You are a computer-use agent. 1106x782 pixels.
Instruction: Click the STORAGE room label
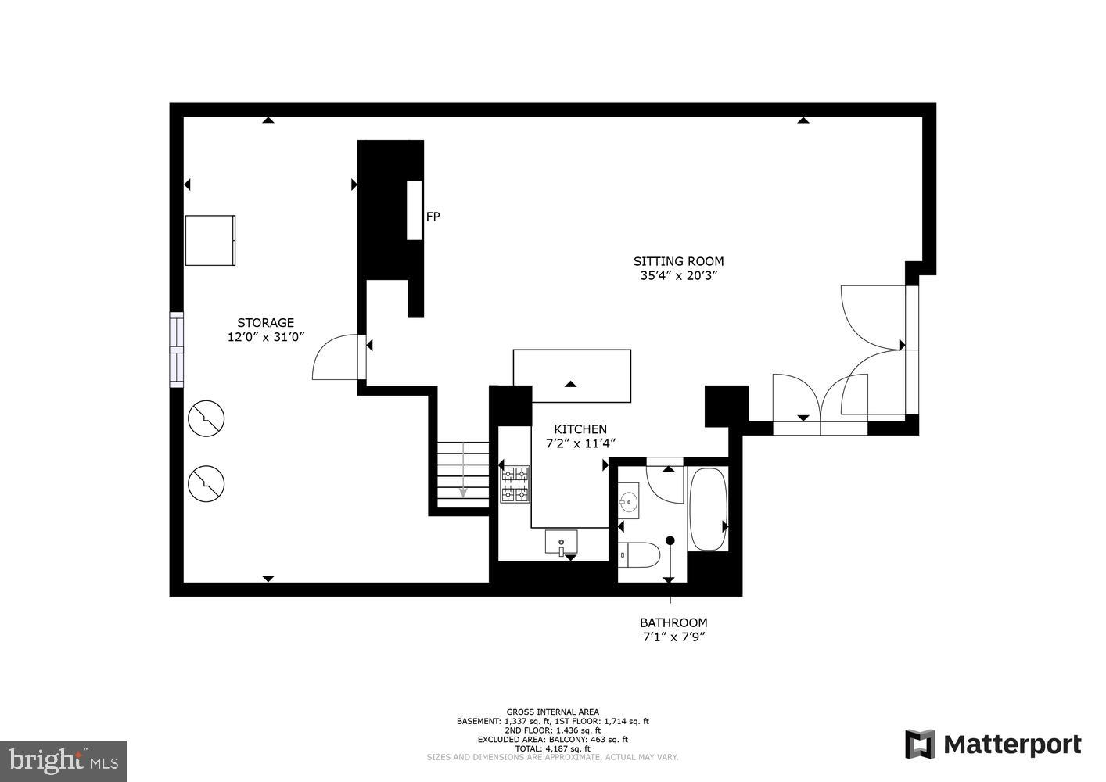[265, 322]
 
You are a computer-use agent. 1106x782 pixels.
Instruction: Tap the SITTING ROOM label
[678, 261]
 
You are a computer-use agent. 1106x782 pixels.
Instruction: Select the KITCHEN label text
[580, 429]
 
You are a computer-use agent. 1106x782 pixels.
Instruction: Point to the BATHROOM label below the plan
[673, 622]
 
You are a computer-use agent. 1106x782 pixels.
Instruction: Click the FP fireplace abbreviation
[433, 217]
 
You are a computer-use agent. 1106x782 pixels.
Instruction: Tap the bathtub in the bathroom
[708, 509]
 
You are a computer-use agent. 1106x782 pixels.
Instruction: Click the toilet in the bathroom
[640, 555]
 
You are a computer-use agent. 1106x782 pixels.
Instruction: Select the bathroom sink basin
[628, 501]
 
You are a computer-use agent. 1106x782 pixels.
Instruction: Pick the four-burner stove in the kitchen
[515, 484]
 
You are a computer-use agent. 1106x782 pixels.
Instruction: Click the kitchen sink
[561, 541]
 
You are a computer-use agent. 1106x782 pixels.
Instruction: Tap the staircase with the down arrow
[462, 474]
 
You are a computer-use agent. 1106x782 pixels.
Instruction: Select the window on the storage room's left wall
[177, 350]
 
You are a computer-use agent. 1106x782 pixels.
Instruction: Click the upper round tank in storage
[206, 418]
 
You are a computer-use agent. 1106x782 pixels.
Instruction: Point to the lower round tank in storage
[206, 483]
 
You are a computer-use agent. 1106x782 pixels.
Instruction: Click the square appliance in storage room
[210, 240]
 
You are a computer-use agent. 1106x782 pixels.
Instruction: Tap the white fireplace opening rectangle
[414, 210]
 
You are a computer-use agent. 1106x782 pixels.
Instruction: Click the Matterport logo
[993, 744]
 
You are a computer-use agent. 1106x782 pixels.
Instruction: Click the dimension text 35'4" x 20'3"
[678, 275]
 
